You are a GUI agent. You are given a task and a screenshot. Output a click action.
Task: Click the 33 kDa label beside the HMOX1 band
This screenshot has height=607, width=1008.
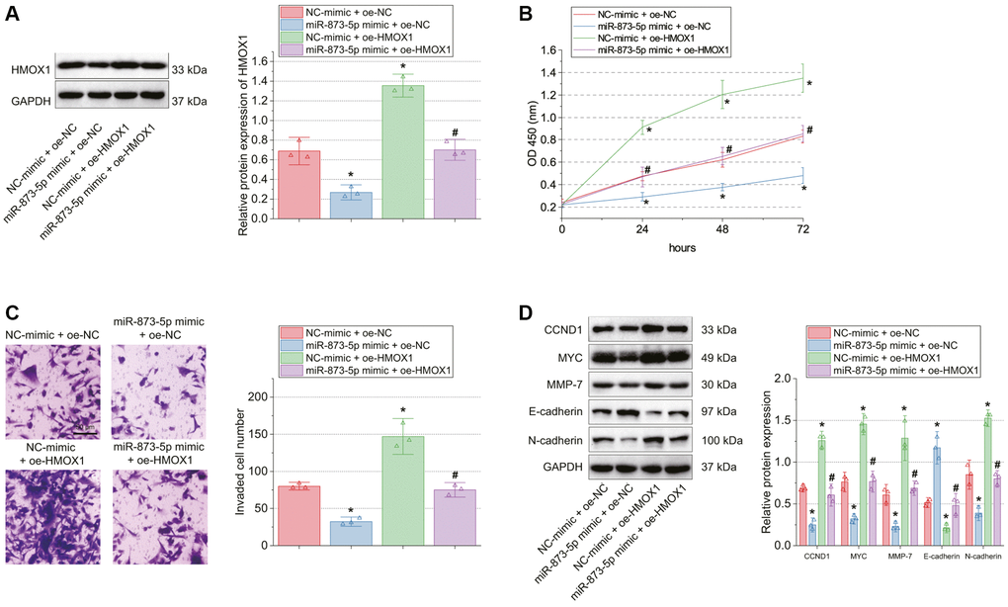pyautogui.click(x=190, y=70)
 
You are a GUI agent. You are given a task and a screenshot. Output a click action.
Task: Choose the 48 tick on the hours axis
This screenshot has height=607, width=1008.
pyautogui.click(x=722, y=229)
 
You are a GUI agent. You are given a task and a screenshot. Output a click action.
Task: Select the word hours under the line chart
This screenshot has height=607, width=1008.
pyautogui.click(x=681, y=247)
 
